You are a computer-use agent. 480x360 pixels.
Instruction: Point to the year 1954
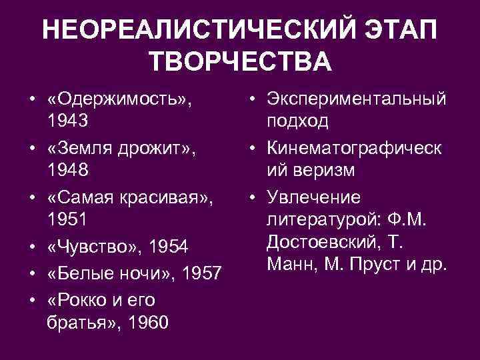pyautogui.click(x=168, y=247)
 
